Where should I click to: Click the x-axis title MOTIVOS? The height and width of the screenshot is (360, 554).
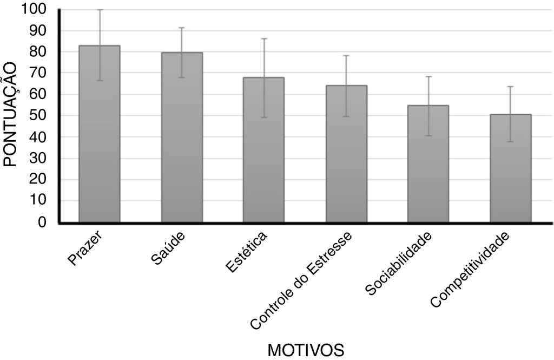click(306, 349)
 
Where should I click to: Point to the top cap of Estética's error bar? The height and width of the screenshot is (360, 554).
click(263, 38)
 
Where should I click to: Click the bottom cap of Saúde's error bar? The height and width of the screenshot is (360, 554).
click(182, 77)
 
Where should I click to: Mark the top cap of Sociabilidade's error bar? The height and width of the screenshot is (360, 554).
click(428, 76)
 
